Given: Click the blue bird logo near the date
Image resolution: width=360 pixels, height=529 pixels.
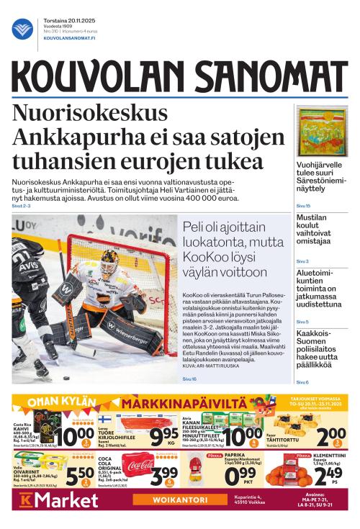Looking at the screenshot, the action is (x=22, y=30).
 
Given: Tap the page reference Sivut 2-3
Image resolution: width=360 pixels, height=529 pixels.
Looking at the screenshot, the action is (x=22, y=206).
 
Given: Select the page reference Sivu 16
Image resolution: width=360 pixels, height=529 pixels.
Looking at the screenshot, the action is (x=189, y=379).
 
